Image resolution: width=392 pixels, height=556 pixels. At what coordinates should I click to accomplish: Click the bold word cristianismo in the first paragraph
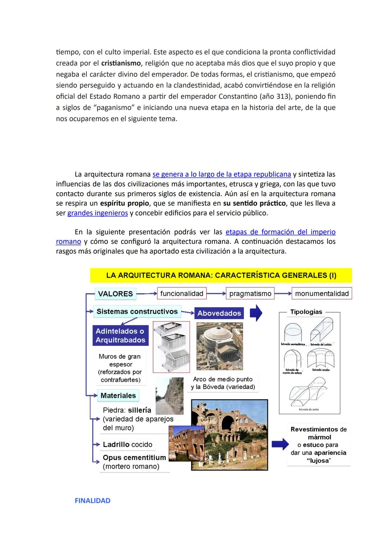pyautogui.click(x=121, y=63)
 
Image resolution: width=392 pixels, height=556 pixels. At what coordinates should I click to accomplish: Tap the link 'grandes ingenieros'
pyautogui.click(x=98, y=213)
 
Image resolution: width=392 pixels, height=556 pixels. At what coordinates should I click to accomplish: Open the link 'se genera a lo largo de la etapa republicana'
pyautogui.click(x=221, y=174)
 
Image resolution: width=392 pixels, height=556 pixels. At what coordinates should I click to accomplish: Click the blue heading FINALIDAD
pyautogui.click(x=93, y=501)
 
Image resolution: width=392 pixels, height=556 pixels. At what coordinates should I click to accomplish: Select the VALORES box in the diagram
pyautogui.click(x=115, y=294)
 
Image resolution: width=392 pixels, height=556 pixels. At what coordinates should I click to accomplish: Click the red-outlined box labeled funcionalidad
pyautogui.click(x=181, y=294)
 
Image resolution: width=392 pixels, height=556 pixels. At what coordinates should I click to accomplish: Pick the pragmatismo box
pyautogui.click(x=250, y=294)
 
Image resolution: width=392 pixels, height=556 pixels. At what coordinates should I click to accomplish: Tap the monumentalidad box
pyautogui.click(x=322, y=294)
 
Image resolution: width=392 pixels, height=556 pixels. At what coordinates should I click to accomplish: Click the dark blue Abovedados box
pyautogui.click(x=219, y=313)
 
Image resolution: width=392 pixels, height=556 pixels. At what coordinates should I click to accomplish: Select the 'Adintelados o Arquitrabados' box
pyautogui.click(x=120, y=335)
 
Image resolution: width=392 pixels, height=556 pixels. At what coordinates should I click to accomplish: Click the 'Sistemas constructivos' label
pyautogui.click(x=137, y=311)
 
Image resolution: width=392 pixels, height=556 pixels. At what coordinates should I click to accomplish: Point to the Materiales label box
pyautogui.click(x=118, y=395)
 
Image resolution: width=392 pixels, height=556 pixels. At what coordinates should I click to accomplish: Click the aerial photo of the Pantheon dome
pyautogui.click(x=219, y=346)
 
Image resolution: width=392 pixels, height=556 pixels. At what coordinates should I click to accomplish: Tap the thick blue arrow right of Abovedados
pyautogui.click(x=256, y=313)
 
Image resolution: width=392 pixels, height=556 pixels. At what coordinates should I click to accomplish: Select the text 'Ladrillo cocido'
pyautogui.click(x=127, y=444)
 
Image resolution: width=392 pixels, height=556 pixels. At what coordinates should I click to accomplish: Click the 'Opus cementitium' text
pyautogui.click(x=134, y=458)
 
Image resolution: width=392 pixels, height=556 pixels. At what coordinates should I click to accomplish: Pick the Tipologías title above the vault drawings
pyautogui.click(x=306, y=312)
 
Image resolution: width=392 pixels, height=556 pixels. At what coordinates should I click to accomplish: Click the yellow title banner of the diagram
pyautogui.click(x=221, y=275)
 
